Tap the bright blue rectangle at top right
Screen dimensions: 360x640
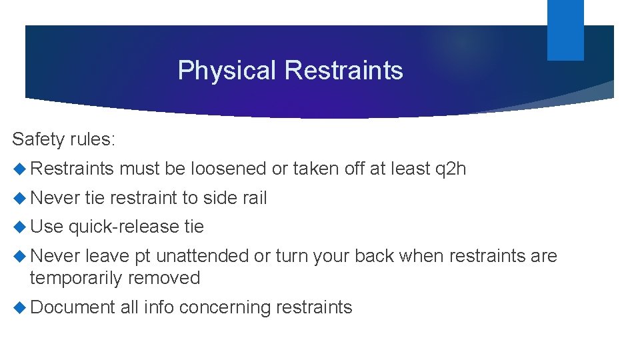[565, 29]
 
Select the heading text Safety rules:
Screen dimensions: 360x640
[64, 139]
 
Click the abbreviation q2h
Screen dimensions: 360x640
[451, 169]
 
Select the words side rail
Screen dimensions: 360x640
[235, 198]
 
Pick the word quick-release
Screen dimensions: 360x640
[123, 227]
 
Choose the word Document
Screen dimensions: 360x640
[73, 307]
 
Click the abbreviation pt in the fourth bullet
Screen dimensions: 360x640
[142, 257]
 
